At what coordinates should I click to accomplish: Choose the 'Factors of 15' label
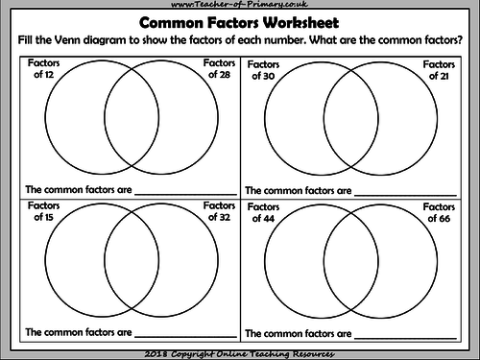pyautogui.click(x=44, y=211)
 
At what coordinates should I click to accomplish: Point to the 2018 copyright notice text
pyautogui.click(x=239, y=351)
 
